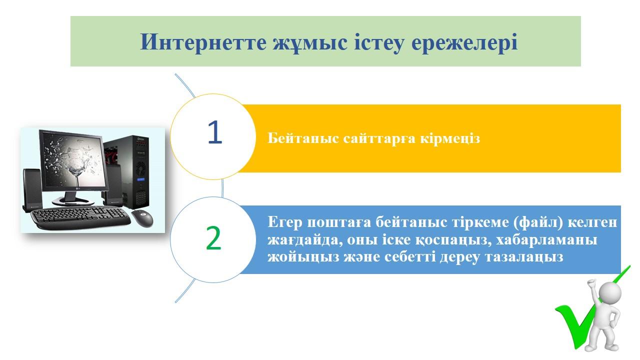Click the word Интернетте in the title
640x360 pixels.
pyautogui.click(x=203, y=42)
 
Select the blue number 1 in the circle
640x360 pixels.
pyautogui.click(x=215, y=132)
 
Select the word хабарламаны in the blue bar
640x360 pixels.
pyautogui.click(x=546, y=239)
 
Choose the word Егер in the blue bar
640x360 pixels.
pyautogui.click(x=285, y=223)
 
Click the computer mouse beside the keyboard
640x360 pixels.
pyautogui.click(x=142, y=218)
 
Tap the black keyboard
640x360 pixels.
pyautogui.click(x=80, y=218)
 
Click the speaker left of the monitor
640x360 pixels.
pyautogui.click(x=32, y=190)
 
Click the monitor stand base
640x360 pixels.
pyautogui.click(x=72, y=201)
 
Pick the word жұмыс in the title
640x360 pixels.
pyautogui.click(x=310, y=43)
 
